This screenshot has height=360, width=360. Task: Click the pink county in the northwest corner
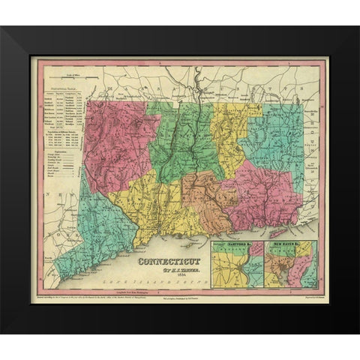112,146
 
